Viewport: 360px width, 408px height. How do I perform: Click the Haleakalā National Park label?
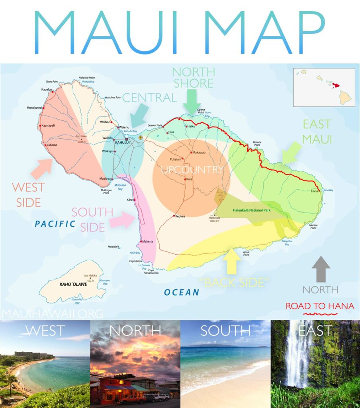point(252,210)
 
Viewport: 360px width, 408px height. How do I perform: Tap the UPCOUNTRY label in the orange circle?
point(192,170)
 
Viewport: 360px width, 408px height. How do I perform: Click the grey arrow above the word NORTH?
point(321,270)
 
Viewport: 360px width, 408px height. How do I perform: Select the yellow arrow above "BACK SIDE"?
point(232,261)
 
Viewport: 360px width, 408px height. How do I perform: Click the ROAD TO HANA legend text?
point(320,306)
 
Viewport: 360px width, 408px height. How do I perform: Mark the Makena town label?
point(148,241)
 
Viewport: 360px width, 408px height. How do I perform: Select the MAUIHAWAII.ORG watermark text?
point(52,314)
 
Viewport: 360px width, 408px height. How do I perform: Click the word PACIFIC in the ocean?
point(55,224)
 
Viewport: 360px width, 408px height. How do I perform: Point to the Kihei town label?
point(130,200)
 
